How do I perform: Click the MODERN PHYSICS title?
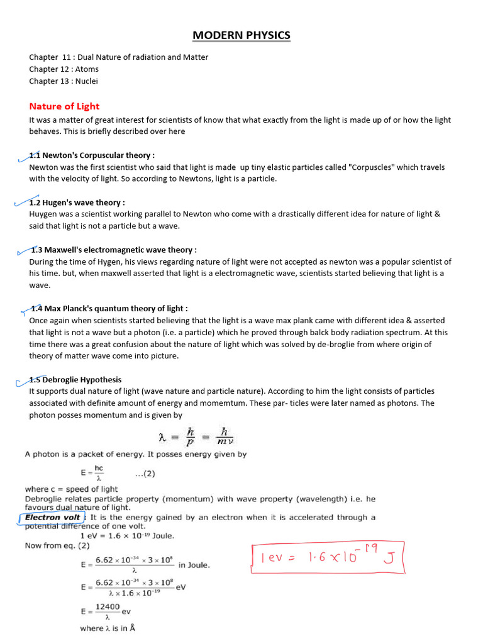[241, 35]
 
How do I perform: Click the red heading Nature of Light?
[64, 106]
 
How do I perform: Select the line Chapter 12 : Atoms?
[64, 69]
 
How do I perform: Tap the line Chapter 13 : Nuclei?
[64, 81]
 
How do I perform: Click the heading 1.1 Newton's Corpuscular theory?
[92, 155]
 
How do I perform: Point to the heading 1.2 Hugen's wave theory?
[77, 203]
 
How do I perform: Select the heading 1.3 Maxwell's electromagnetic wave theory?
[114, 250]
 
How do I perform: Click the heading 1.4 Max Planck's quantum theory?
[109, 308]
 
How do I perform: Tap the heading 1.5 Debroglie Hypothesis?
[75, 380]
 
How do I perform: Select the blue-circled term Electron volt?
[53, 518]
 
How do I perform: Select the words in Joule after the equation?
[194, 565]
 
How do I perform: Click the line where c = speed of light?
[71, 489]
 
